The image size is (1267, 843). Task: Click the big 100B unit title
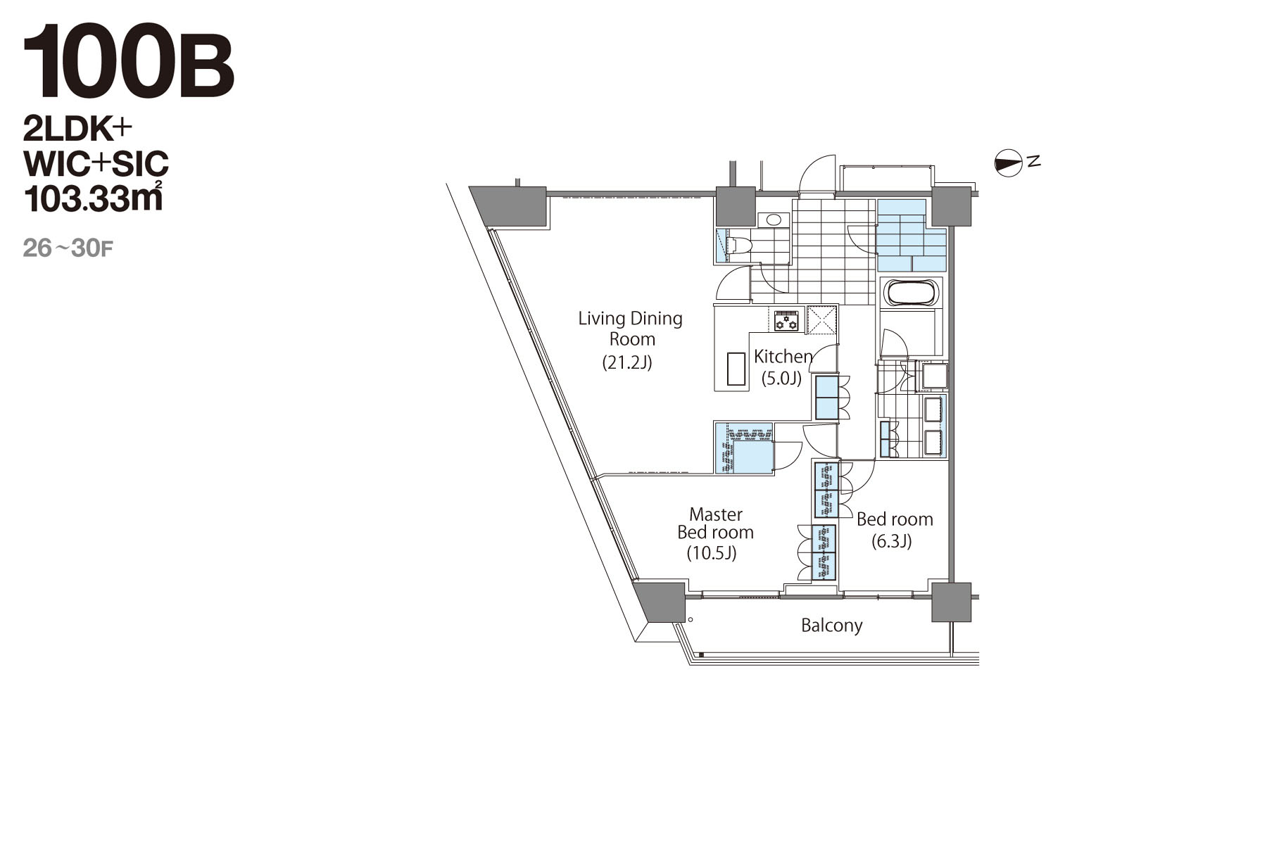click(128, 63)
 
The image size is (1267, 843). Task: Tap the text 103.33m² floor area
click(93, 198)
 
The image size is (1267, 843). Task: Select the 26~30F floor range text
click(68, 248)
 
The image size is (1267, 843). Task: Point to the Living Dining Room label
click(631, 329)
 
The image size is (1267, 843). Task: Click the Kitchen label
click(783, 357)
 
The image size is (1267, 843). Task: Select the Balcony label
click(831, 626)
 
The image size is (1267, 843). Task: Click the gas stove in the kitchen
click(786, 320)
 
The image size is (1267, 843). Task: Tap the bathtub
click(911, 293)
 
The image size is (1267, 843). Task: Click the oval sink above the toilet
click(774, 220)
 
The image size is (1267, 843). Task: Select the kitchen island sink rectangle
click(736, 368)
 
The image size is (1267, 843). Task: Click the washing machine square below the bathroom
click(935, 376)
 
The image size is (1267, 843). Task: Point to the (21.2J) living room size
click(627, 363)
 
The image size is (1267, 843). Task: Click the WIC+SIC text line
click(96, 164)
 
